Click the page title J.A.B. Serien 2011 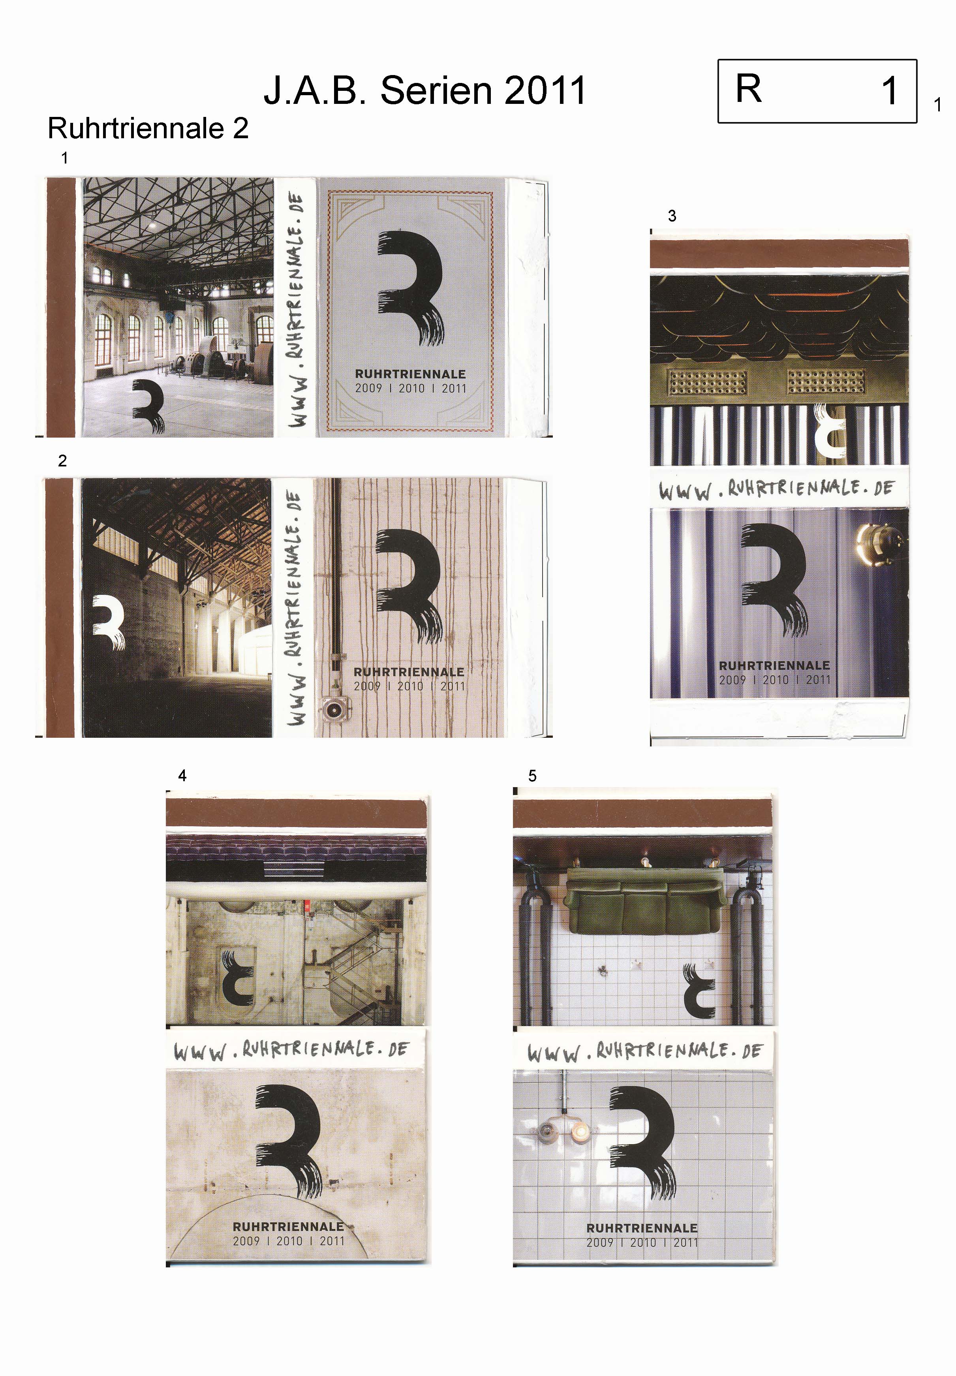tap(424, 90)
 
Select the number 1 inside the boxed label tap(890, 91)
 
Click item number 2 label tap(62, 461)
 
